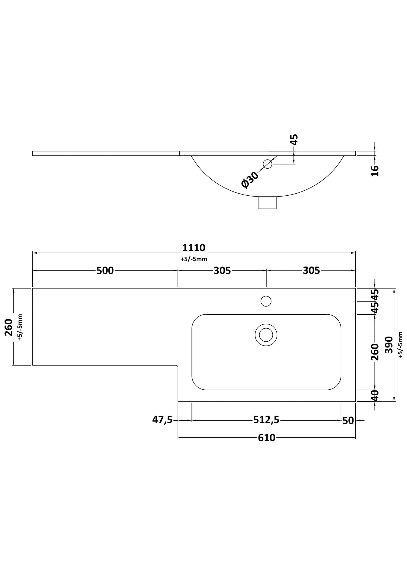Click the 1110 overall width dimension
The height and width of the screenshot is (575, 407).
tap(194, 248)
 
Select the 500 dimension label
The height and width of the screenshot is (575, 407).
tap(105, 270)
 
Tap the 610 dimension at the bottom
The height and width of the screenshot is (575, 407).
tap(266, 438)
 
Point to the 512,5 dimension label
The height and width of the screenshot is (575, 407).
tap(266, 420)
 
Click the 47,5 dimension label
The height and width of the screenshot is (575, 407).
tap(162, 420)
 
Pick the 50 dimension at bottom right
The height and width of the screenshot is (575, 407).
tap(348, 421)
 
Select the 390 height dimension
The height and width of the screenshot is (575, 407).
tap(389, 345)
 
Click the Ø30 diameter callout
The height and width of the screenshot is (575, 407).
tap(250, 180)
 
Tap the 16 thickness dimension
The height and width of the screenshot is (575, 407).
tap(375, 171)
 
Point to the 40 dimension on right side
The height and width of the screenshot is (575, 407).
tap(375, 395)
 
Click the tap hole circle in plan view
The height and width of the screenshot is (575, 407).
tap(266, 301)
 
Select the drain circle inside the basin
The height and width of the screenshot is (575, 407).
tap(266, 335)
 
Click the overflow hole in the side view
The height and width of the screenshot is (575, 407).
tap(267, 164)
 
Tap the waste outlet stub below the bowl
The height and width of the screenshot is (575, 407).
tap(267, 203)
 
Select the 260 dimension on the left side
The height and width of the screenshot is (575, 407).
tap(9, 327)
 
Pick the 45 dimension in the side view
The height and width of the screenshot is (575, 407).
tap(294, 140)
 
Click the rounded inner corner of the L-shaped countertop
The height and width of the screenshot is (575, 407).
tap(177, 366)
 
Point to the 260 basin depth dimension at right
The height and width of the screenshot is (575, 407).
tap(375, 352)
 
